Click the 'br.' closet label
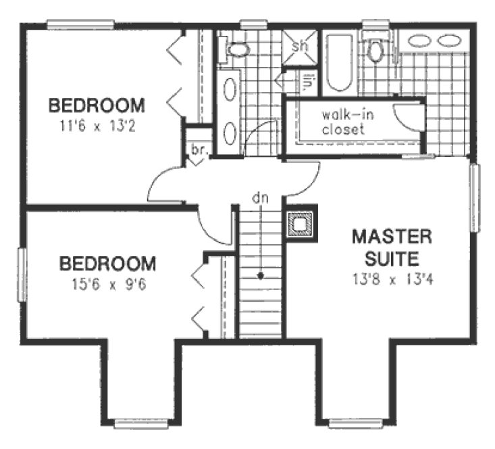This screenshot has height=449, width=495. point(198,150)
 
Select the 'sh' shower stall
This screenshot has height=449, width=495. point(299,47)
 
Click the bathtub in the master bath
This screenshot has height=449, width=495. point(338,63)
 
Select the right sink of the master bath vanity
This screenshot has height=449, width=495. point(447,41)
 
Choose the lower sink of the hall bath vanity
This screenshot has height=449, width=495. point(230,131)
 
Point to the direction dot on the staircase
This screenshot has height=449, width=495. point(261,275)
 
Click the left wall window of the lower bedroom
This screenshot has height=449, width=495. point(22,275)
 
